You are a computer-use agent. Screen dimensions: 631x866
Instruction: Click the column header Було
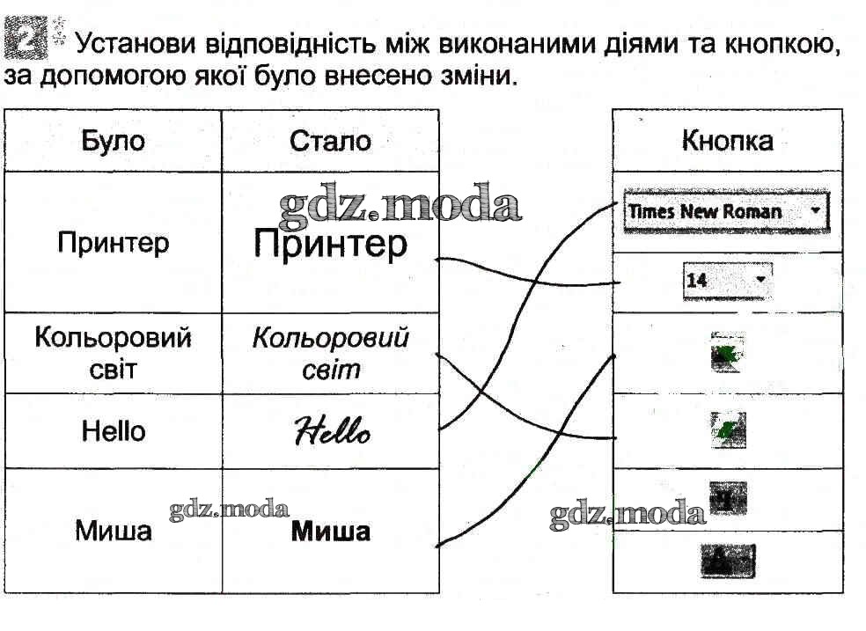coord(113,141)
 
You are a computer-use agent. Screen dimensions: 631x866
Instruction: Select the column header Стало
coord(330,141)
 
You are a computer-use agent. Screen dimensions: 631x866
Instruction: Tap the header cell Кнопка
coord(727,141)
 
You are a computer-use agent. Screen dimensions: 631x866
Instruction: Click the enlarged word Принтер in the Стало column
coord(330,243)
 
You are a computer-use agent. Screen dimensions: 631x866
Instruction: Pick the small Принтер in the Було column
coord(113,242)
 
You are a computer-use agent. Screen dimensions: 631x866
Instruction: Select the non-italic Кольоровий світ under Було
coord(113,353)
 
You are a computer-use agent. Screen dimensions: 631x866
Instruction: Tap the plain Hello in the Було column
coord(113,431)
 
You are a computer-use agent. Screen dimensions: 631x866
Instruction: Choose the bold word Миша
coord(330,532)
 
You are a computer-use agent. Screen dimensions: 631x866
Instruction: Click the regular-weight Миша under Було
coord(113,532)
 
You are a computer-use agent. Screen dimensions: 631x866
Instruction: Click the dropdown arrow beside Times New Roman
coord(816,211)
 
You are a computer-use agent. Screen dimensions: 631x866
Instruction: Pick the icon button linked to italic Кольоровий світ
coord(728,430)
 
